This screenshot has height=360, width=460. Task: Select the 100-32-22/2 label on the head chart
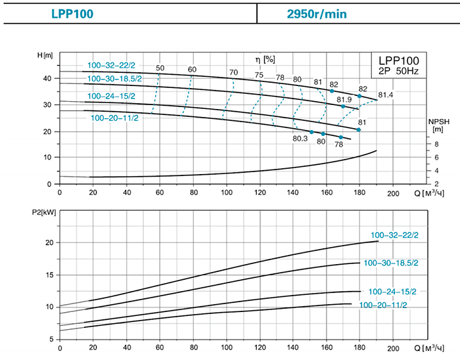pyautogui.click(x=111, y=65)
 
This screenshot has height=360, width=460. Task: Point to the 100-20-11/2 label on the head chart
pyautogui.click(x=116, y=118)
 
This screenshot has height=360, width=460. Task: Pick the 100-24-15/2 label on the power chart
pyautogui.click(x=392, y=291)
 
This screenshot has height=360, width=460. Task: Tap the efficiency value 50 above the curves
pyautogui.click(x=160, y=69)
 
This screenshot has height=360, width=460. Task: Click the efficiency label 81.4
pyautogui.click(x=386, y=95)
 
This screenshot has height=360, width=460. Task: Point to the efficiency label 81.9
pyautogui.click(x=345, y=99)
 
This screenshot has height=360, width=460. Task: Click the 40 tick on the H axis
pyautogui.click(x=47, y=78)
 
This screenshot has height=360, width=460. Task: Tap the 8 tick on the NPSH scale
pyautogui.click(x=437, y=145)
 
